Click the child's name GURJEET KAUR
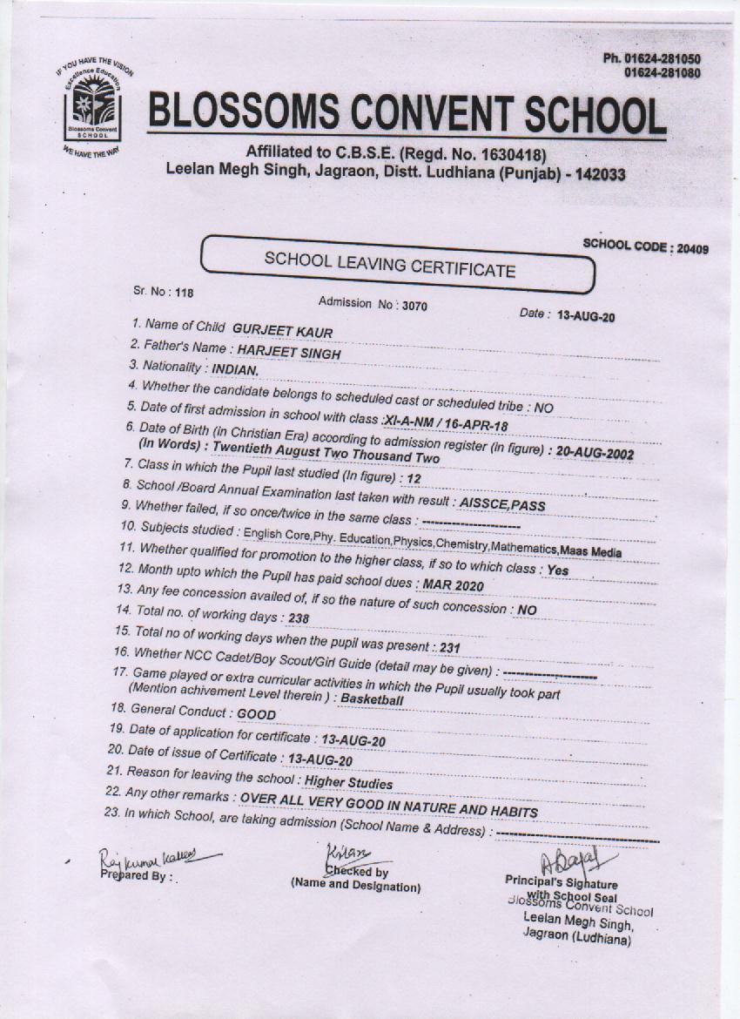coord(282,332)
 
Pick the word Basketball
coord(372,698)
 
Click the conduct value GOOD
coord(256,714)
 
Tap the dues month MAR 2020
coord(454,584)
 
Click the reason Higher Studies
coord(348,783)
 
